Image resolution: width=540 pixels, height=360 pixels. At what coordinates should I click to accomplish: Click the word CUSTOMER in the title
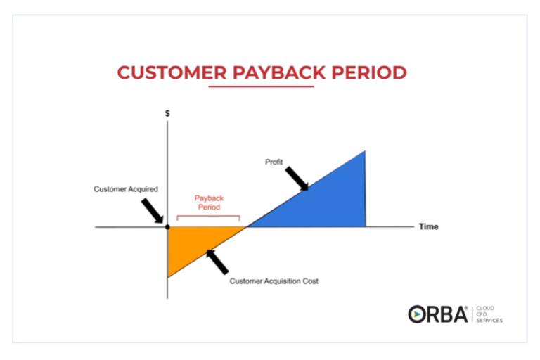pyautogui.click(x=172, y=72)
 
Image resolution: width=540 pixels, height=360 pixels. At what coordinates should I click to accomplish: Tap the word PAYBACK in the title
pyautogui.click(x=279, y=72)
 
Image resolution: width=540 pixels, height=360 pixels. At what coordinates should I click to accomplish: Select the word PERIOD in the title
pyautogui.click(x=369, y=72)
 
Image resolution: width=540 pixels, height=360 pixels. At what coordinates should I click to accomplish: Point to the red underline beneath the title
pyautogui.click(x=261, y=86)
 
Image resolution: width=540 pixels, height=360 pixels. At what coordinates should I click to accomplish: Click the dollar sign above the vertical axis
pyautogui.click(x=167, y=113)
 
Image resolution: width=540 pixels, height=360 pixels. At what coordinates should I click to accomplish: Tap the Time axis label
pyautogui.click(x=428, y=226)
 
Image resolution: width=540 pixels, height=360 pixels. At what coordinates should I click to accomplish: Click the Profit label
pyautogui.click(x=274, y=162)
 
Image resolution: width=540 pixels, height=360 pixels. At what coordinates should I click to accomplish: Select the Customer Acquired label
pyautogui.click(x=126, y=189)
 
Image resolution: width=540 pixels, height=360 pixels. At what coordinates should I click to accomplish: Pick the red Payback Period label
pyautogui.click(x=209, y=202)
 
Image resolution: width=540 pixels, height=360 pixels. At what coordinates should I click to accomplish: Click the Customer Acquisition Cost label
pyautogui.click(x=274, y=281)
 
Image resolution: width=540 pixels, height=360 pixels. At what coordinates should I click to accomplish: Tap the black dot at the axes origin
pyautogui.click(x=167, y=227)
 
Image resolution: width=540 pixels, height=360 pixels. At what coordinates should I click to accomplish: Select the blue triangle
pyautogui.click(x=327, y=203)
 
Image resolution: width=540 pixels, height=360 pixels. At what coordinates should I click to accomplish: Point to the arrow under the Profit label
pyautogui.click(x=297, y=179)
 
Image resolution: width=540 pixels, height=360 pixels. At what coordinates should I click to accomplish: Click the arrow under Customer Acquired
pyautogui.click(x=153, y=211)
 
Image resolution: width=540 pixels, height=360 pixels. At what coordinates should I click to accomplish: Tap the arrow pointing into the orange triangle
pyautogui.click(x=217, y=262)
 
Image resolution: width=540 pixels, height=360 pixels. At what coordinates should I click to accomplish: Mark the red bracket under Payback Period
pyautogui.click(x=208, y=216)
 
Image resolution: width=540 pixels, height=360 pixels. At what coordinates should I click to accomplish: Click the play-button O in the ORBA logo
pyautogui.click(x=417, y=314)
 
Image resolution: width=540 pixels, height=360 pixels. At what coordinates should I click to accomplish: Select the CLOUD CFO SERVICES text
pyautogui.click(x=489, y=314)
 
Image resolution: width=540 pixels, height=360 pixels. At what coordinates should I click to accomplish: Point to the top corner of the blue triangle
pyautogui.click(x=365, y=151)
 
